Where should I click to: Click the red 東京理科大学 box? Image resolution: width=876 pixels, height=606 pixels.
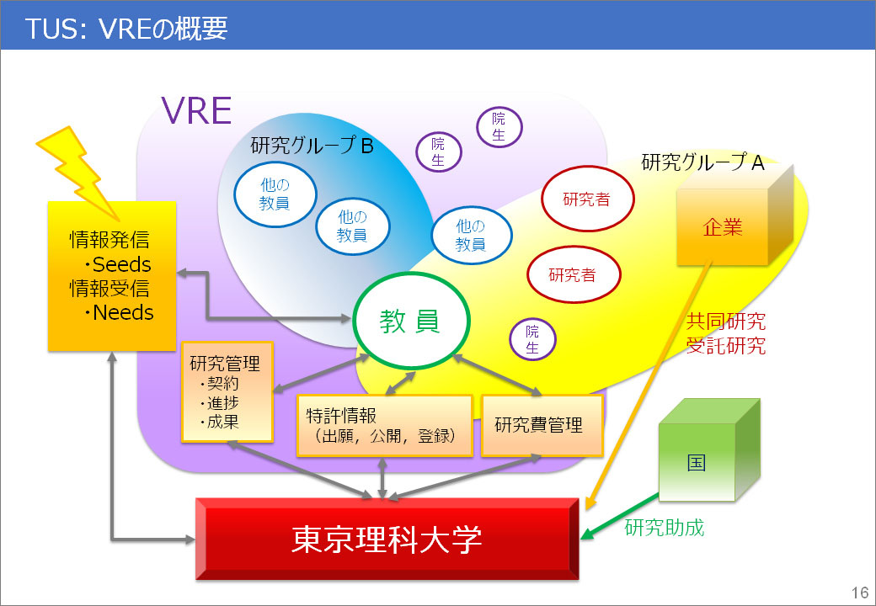[387, 540]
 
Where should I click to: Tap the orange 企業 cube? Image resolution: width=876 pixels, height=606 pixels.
[722, 226]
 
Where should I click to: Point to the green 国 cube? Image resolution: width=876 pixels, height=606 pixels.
[697, 463]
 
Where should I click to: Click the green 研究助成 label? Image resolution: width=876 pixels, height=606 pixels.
[664, 528]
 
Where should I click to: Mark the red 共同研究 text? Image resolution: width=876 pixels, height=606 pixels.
[726, 322]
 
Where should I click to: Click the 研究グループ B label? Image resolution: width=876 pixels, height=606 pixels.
[312, 146]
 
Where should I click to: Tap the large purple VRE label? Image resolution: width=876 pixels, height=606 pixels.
[196, 110]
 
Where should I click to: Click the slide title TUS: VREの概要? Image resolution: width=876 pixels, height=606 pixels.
[126, 28]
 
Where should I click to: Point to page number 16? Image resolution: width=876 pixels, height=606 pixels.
[859, 591]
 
